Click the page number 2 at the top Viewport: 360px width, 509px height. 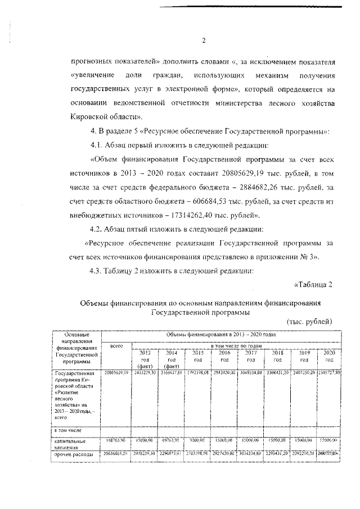[204, 40]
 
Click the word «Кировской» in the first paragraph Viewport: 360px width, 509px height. [92, 116]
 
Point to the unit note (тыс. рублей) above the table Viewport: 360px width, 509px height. [309, 321]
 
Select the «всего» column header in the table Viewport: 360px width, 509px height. [116, 345]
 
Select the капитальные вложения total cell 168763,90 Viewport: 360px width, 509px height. [116, 441]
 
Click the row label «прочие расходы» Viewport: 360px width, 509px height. [73, 453]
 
